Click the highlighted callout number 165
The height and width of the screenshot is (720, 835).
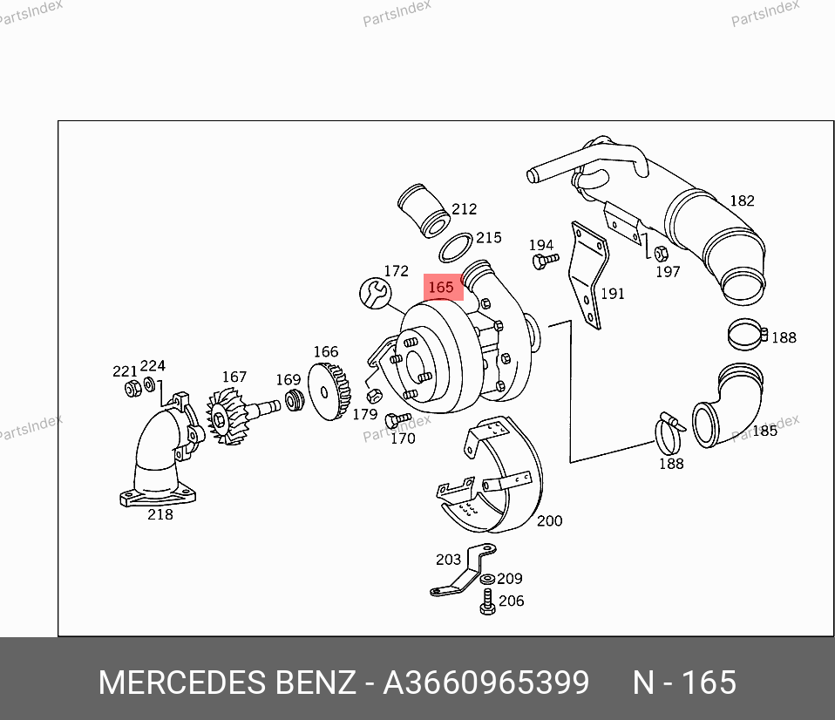[441, 288]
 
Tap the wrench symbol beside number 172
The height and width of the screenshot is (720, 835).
[376, 294]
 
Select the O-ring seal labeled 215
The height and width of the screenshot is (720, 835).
[456, 247]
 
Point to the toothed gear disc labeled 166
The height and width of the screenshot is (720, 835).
[329, 391]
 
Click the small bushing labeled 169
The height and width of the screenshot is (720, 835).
[295, 400]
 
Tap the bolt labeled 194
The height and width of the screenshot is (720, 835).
[545, 261]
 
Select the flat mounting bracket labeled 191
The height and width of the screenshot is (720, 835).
[588, 275]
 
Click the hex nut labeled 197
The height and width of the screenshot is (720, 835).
[661, 254]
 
